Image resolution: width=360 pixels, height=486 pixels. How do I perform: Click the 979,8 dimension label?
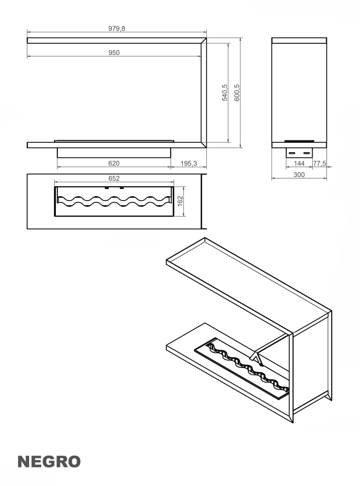[x=116, y=28]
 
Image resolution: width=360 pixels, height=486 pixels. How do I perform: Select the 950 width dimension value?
[x=114, y=53]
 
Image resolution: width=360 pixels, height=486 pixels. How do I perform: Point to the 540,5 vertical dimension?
[x=225, y=93]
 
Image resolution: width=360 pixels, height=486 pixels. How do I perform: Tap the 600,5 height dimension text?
[x=237, y=93]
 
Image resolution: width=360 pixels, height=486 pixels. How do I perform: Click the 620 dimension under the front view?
[x=114, y=163]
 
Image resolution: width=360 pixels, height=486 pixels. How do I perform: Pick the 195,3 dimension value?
[x=188, y=163]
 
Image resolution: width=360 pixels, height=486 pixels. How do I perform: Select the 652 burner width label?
[x=114, y=178]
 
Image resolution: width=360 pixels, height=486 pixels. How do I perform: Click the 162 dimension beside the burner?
[x=180, y=201]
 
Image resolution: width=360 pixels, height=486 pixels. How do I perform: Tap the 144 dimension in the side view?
[x=299, y=163]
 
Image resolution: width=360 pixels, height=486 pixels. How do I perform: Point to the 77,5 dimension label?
[x=320, y=163]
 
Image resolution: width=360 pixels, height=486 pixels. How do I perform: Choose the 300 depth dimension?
[x=299, y=175]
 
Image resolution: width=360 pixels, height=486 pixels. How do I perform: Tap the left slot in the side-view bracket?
[x=292, y=153]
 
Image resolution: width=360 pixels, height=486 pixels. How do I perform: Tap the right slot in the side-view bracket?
[x=307, y=153]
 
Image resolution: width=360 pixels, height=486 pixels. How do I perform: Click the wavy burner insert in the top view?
[x=114, y=201]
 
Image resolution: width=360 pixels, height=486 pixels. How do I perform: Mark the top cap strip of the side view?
[x=299, y=40]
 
